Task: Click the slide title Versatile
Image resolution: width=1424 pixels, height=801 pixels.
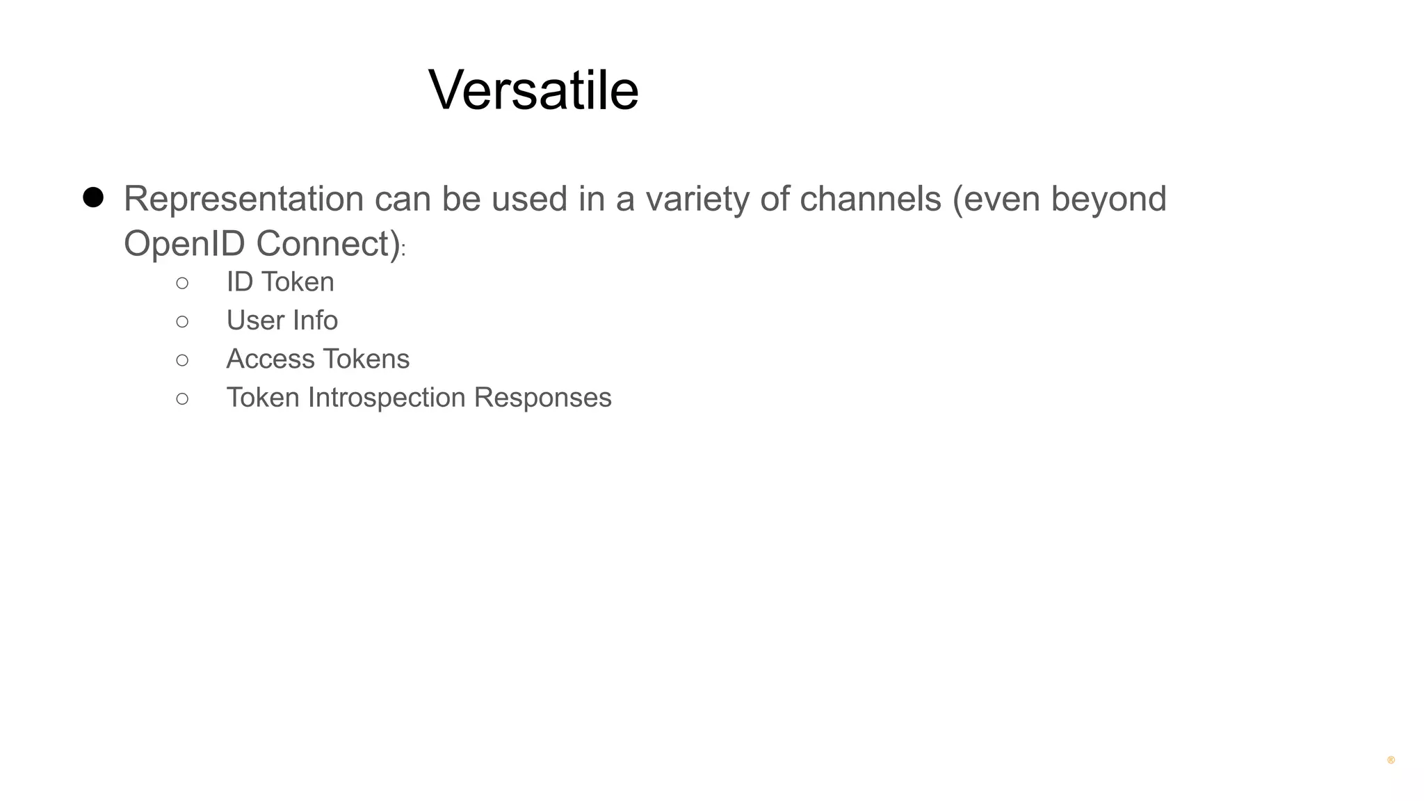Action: click(x=533, y=90)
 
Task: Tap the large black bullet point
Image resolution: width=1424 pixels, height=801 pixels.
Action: click(x=93, y=197)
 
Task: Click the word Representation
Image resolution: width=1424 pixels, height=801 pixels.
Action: click(x=243, y=200)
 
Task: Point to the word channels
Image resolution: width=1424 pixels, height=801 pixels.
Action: click(x=870, y=200)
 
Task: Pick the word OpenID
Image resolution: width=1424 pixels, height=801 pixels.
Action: click(x=184, y=244)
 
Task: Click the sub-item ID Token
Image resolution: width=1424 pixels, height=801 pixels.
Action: click(x=280, y=282)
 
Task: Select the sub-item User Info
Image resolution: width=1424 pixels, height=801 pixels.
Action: click(x=282, y=321)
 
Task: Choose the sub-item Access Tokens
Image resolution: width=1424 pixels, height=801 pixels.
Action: click(x=318, y=359)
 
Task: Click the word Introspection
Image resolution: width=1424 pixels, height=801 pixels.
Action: click(x=387, y=398)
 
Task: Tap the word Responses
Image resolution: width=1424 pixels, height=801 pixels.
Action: click(x=542, y=398)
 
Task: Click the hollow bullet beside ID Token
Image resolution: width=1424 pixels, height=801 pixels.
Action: click(x=182, y=283)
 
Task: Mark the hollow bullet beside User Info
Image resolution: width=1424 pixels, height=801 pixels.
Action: click(x=182, y=321)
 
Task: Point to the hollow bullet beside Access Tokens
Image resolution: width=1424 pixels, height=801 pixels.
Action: click(x=182, y=360)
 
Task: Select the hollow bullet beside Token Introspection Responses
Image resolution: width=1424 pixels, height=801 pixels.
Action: click(x=182, y=398)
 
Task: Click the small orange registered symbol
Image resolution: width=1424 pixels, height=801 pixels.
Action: click(x=1391, y=761)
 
